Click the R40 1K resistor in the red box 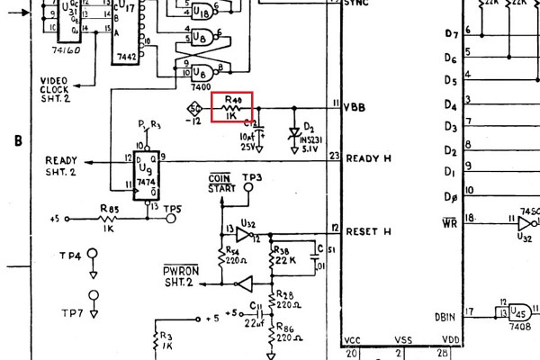click(232, 106)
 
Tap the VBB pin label click(355, 107)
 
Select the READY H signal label click(368, 158)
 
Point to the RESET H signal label click(368, 230)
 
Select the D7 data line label click(452, 34)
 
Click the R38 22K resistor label click(284, 255)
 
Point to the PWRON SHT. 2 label click(180, 276)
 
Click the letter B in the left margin click(18, 141)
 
